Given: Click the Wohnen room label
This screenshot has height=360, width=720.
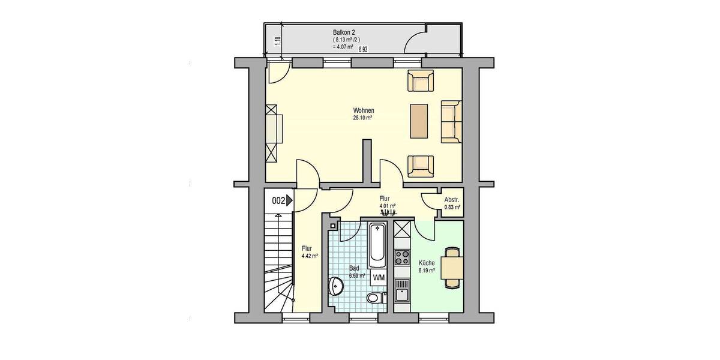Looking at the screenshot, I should click(364, 110).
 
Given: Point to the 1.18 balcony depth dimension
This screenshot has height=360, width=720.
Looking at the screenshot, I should click(277, 41).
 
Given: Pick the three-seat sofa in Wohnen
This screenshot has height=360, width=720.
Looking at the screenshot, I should click(451, 122).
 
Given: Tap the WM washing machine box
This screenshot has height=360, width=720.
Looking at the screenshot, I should click(379, 278).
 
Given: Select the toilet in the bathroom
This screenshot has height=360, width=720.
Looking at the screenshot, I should click(373, 298).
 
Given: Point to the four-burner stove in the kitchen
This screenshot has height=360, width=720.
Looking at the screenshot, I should click(401, 259).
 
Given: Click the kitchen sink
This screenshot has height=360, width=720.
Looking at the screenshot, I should click(401, 295).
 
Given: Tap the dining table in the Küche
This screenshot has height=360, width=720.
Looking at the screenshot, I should click(452, 266).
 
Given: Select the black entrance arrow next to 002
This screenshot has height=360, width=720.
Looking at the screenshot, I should click(290, 201).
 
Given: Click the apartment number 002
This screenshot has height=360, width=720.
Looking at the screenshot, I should click(278, 201).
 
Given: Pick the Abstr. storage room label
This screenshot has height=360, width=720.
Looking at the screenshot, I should click(452, 200).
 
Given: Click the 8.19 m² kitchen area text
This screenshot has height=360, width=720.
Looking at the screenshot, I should click(427, 271).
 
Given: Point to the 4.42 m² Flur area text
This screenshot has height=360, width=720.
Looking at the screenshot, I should click(310, 256).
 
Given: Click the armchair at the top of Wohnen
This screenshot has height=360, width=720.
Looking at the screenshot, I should click(421, 81).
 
